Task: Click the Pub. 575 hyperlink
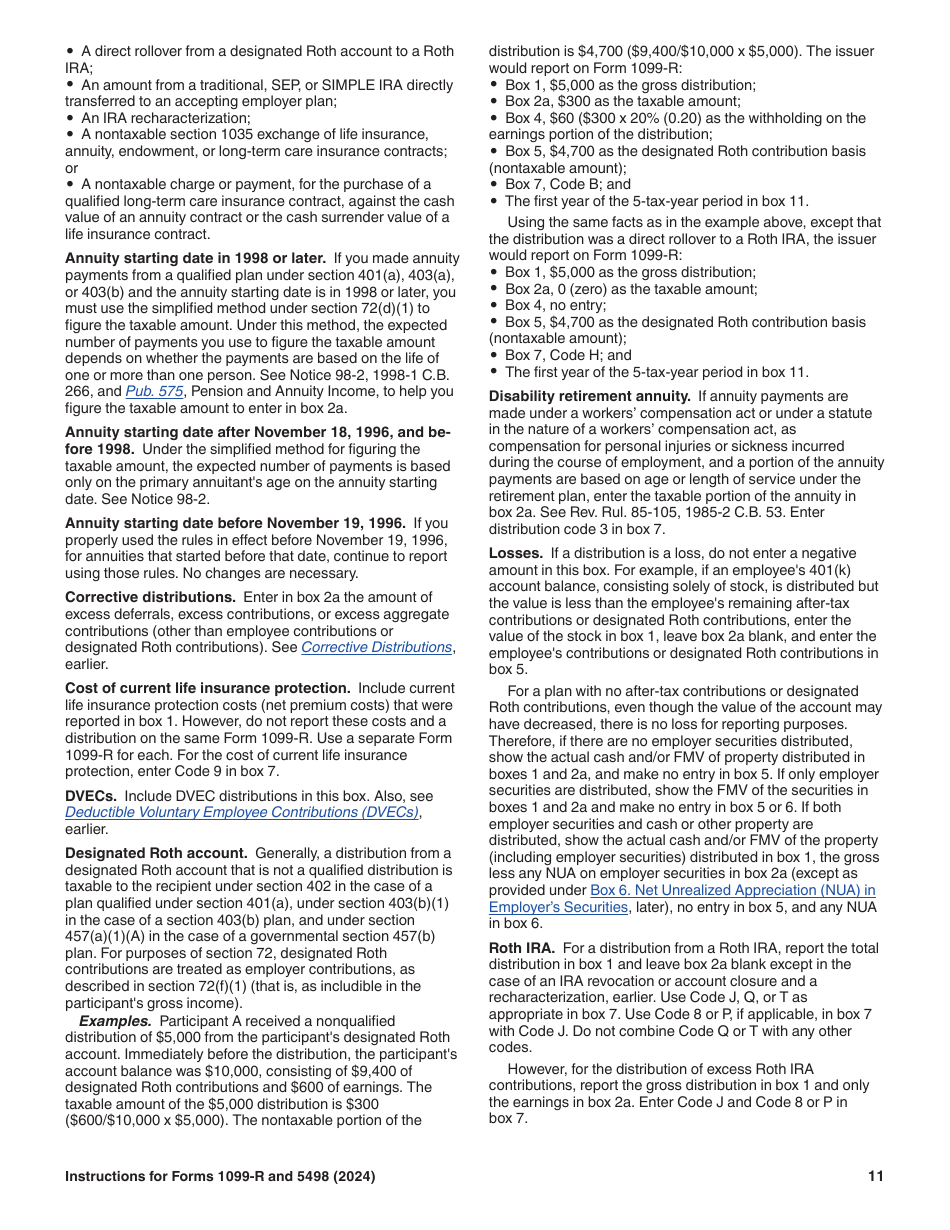(154, 392)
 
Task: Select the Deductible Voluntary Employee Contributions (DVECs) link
(241, 812)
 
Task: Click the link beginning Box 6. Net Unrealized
(732, 890)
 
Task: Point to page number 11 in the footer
(876, 1177)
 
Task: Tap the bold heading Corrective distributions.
(150, 597)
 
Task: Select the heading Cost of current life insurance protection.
(207, 688)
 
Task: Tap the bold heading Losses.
(516, 553)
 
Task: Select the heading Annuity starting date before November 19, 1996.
(235, 523)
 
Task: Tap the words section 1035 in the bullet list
(211, 134)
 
